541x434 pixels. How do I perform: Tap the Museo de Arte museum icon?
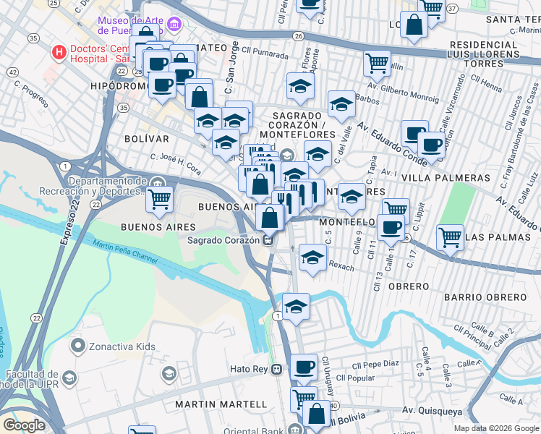[x=172, y=26]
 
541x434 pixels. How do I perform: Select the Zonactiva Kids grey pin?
[x=79, y=346]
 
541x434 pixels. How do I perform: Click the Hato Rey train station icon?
[x=276, y=369]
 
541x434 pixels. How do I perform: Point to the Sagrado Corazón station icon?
[x=268, y=240]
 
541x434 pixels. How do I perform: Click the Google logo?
[x=24, y=425]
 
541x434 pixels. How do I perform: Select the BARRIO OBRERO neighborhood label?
[x=474, y=297]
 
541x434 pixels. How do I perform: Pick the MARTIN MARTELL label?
[x=215, y=403]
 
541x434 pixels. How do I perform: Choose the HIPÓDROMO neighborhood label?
[x=119, y=85]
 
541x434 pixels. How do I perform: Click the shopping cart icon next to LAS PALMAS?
[x=450, y=235]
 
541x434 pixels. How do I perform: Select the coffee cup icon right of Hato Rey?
[x=304, y=366]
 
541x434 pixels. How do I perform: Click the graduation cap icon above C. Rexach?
[x=312, y=258]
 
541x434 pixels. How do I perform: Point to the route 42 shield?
[x=12, y=72]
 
